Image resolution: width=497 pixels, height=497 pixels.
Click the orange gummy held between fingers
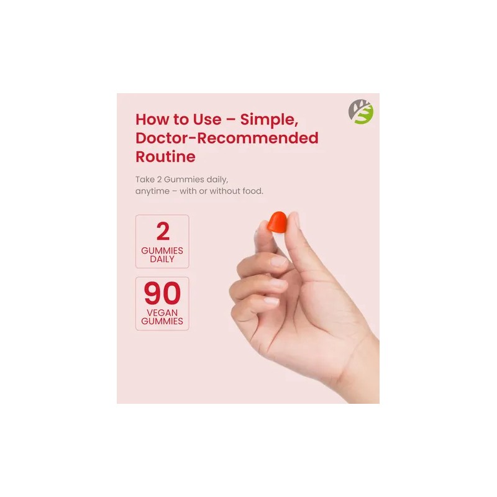pyautogui.click(x=277, y=222)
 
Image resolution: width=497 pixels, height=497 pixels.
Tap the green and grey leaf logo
pyautogui.click(x=361, y=112)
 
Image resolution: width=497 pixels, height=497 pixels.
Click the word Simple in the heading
pyautogui.click(x=269, y=120)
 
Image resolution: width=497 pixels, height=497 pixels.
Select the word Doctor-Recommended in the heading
pyautogui.click(x=227, y=138)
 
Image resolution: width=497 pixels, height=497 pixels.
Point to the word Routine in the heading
pyautogui.click(x=165, y=157)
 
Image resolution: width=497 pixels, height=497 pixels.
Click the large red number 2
pyautogui.click(x=163, y=231)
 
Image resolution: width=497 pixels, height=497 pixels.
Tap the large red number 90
pyautogui.click(x=162, y=293)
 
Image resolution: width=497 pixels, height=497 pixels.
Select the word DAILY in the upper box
pyautogui.click(x=162, y=259)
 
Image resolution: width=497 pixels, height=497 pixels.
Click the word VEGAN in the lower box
pyautogui.click(x=162, y=312)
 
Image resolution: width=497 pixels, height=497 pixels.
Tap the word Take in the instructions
pyautogui.click(x=145, y=180)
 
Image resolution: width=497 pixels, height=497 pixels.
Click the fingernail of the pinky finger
pyautogui.click(x=271, y=301)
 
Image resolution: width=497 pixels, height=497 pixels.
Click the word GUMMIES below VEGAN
pyautogui.click(x=162, y=321)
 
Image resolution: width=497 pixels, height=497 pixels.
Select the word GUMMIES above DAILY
pyautogui.click(x=162, y=251)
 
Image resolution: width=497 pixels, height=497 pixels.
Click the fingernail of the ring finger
pyautogui.click(x=278, y=283)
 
